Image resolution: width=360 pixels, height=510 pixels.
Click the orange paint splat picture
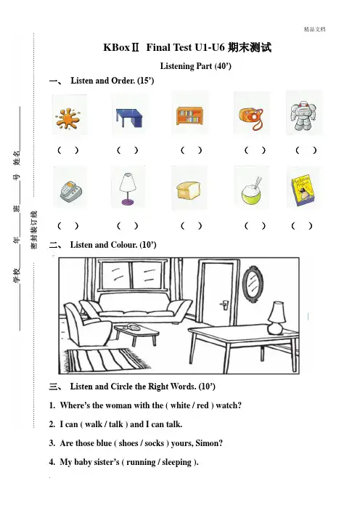point(67,118)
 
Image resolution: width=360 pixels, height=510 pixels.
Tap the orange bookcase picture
point(189,116)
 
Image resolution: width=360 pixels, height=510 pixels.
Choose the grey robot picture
point(303,116)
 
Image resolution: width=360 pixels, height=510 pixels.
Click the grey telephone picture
point(70,190)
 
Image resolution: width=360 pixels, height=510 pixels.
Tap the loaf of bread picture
point(189,190)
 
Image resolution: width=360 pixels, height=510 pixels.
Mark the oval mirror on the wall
point(253,284)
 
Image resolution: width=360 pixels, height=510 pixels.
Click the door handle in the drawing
point(224,304)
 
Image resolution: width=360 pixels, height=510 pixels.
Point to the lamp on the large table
point(277,317)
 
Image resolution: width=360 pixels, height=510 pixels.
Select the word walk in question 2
point(94,424)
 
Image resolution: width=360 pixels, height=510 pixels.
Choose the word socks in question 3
point(155,443)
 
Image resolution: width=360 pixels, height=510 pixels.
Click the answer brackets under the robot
point(306,150)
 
